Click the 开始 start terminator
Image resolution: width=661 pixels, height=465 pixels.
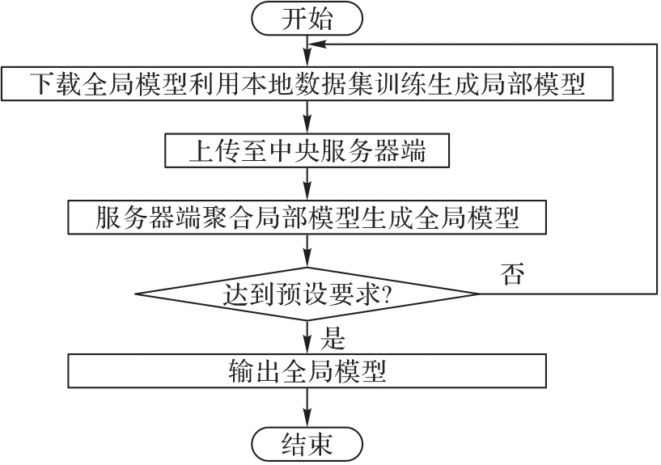point(307,19)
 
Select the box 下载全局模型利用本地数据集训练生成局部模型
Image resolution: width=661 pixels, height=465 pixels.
point(307,83)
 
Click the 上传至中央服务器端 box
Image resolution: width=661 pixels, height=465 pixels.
point(307,150)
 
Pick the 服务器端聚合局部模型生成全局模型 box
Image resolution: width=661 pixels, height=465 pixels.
point(307,217)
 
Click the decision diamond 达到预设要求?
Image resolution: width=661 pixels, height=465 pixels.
point(307,294)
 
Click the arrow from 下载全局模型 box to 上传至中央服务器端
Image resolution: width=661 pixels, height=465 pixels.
point(307,117)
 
